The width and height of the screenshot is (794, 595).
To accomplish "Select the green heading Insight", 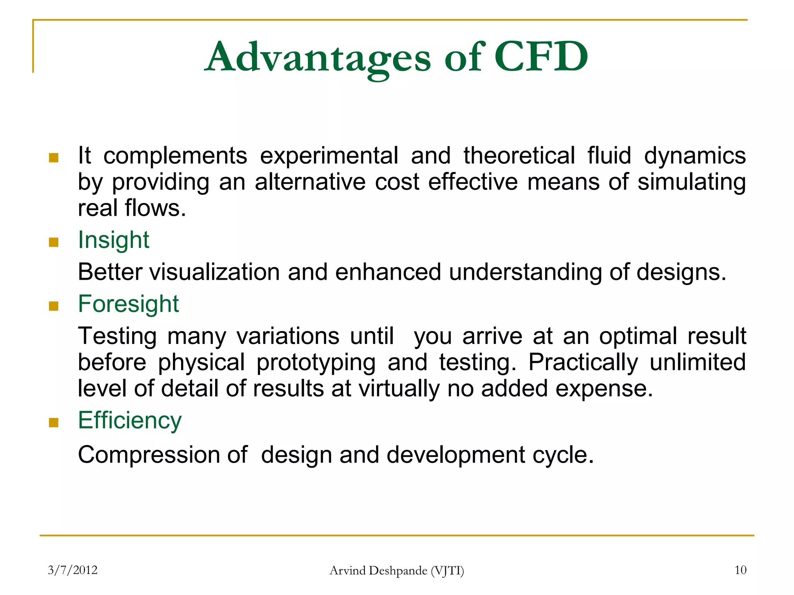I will click(x=113, y=240).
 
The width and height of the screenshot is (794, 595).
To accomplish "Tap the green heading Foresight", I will click(x=128, y=304).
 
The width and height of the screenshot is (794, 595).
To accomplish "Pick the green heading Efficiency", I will click(x=129, y=420).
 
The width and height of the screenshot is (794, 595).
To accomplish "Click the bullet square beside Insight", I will click(x=54, y=242).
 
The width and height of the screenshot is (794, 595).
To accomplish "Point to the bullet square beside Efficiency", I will click(x=54, y=423).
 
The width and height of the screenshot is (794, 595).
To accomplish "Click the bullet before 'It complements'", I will click(x=54, y=158).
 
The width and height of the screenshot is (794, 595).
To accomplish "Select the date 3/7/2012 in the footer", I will click(x=72, y=570).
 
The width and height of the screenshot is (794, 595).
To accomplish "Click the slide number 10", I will click(x=740, y=570).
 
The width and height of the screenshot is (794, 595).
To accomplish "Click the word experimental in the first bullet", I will click(x=329, y=156).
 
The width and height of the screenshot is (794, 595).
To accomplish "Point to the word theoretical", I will click(x=519, y=156).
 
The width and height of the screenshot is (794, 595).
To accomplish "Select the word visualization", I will click(x=214, y=272).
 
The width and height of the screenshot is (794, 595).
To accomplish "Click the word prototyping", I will click(x=316, y=363).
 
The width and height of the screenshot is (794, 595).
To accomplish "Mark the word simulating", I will click(x=691, y=182).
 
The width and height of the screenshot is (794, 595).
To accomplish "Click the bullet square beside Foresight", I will click(x=54, y=306).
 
